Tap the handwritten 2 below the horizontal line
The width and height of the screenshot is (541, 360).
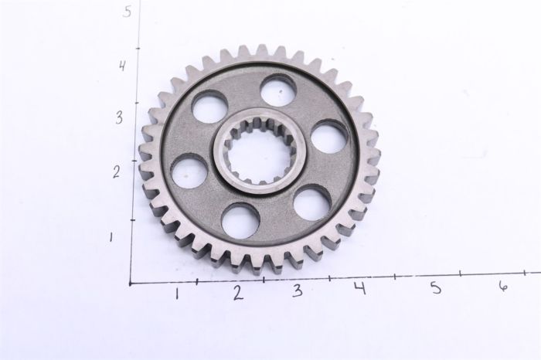[x=237, y=292]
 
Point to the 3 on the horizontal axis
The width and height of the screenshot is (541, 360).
[x=297, y=291]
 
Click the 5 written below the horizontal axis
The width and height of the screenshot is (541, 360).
[x=436, y=287]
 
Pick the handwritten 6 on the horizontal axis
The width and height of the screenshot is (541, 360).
[x=503, y=286]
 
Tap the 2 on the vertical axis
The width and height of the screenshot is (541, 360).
[x=116, y=171]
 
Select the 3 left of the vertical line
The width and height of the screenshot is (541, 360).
[x=118, y=118]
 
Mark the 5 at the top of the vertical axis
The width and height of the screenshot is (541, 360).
[x=127, y=12]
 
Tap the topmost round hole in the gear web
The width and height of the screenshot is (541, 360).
[x=277, y=90]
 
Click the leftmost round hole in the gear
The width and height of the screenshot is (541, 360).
[x=189, y=170]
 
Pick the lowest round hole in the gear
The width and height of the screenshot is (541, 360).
[x=240, y=220]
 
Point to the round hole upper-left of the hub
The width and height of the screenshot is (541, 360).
[x=209, y=107]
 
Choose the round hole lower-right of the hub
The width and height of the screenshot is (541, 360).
[x=311, y=202]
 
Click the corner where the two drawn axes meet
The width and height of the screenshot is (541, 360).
[x=131, y=283]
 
